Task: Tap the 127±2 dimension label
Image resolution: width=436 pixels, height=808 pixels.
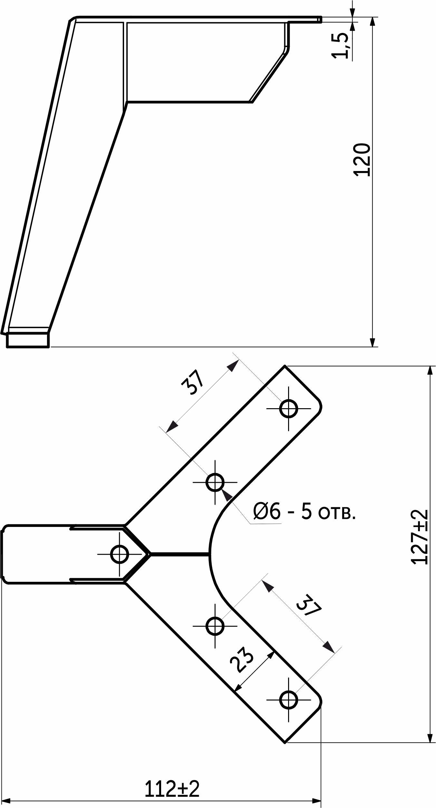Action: pos(420,537)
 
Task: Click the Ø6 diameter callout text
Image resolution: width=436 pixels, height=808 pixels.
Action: pos(267,511)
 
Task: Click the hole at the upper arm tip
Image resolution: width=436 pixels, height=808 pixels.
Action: pos(288,409)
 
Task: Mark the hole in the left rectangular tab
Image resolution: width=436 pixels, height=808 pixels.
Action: pos(120,554)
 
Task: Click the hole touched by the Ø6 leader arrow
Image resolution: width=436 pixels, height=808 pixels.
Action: pos(215,482)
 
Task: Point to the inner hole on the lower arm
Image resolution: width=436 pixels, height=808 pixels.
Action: pos(215,626)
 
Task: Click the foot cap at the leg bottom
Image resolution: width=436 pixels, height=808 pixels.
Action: pos(28,340)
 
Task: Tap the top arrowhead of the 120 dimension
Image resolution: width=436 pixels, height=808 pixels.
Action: pos(373,22)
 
